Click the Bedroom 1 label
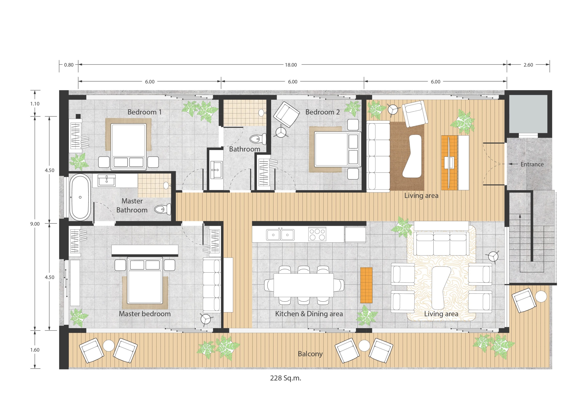144,112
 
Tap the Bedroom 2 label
322,112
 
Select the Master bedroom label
145,314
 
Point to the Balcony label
310,354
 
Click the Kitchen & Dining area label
309,314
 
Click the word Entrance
532,164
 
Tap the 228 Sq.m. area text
286,378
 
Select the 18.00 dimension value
291,65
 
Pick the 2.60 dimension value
528,65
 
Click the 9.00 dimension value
35,224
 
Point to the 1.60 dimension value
35,350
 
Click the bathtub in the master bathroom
80,197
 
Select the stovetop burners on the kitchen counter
317,234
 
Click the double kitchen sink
280,235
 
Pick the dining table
304,285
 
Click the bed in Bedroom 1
128,147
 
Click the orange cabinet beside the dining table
366,285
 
